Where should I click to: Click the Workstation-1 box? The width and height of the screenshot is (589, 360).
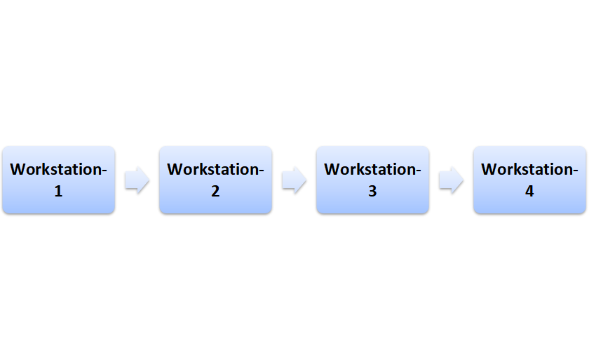pos(58,180)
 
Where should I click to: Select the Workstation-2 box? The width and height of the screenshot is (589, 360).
pos(215,180)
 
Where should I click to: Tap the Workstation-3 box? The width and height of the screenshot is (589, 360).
pos(372,180)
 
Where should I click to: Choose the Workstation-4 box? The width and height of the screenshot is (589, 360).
pos(529,180)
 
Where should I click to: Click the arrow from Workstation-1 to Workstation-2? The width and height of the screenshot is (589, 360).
pos(137,180)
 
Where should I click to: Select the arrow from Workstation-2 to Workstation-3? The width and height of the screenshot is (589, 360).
pos(294,180)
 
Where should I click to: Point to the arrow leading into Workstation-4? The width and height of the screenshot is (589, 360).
pos(451,180)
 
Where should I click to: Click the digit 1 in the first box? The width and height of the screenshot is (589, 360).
pos(58,191)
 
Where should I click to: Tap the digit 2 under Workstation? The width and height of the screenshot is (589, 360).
pos(215,191)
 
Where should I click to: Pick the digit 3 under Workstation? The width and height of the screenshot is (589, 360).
pos(372,191)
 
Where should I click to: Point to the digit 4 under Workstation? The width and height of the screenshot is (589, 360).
pos(529,191)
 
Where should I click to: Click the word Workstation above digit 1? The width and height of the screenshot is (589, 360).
pos(55,170)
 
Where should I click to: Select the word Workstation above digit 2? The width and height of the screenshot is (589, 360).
pos(212,170)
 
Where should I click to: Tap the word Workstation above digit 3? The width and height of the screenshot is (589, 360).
pos(370,170)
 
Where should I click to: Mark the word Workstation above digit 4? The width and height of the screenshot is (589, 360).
pos(527,170)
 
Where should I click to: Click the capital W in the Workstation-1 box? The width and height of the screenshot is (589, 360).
pos(18,170)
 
